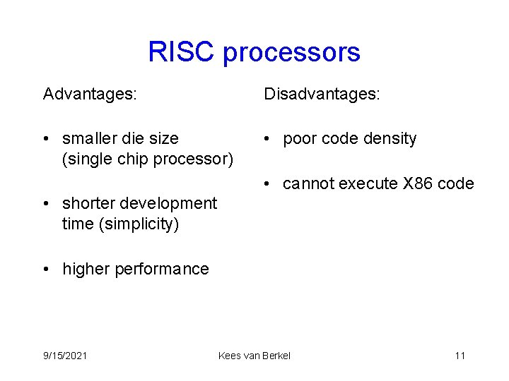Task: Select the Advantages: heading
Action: point(90,94)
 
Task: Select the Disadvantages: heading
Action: point(322,94)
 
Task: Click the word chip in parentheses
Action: point(131,159)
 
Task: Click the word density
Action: point(388,139)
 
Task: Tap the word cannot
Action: point(308,184)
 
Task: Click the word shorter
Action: point(89,204)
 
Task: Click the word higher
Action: point(86,269)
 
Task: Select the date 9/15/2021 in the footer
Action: point(65,356)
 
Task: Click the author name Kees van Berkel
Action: point(255,356)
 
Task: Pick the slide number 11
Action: point(460,356)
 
